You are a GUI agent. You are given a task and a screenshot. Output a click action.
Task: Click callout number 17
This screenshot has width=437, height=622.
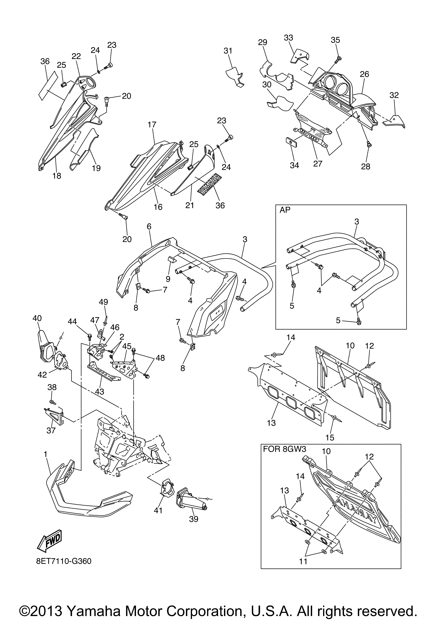tap(152, 125)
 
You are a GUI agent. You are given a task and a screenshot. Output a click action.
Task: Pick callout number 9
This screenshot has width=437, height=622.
tap(168, 278)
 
